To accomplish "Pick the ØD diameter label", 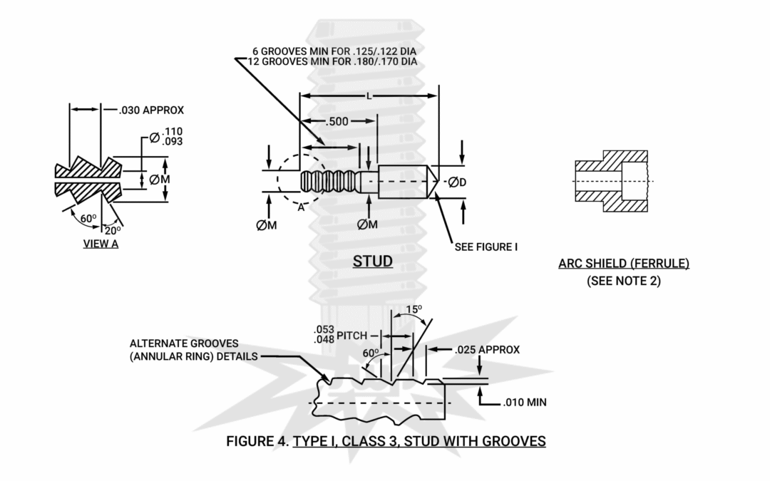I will [458, 182].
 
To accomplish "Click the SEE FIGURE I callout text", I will [486, 247].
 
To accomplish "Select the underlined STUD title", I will [372, 262].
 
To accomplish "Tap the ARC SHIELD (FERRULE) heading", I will [624, 264].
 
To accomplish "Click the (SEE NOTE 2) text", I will [624, 281].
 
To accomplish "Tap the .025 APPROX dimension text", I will [487, 350].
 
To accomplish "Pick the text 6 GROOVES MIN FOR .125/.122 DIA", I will [334, 52].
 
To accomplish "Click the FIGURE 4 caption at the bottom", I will [386, 441].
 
